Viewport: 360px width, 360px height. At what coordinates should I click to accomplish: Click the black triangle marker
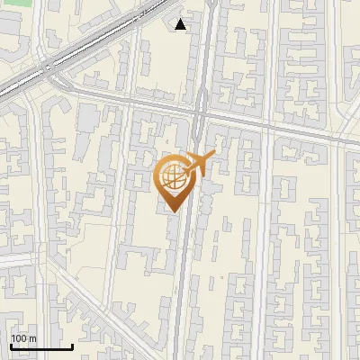181,24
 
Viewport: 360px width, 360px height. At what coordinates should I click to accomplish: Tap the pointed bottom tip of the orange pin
172,211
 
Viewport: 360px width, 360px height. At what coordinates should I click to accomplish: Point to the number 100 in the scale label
19,337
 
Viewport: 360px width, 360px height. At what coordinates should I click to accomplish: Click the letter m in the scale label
32,337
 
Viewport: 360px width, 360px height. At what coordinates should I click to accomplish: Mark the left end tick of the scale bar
11,346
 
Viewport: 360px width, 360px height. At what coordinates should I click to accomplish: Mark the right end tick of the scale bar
72,346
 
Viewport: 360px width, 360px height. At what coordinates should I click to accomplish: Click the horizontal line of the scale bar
41,346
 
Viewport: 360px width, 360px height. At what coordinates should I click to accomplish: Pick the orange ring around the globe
159,175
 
